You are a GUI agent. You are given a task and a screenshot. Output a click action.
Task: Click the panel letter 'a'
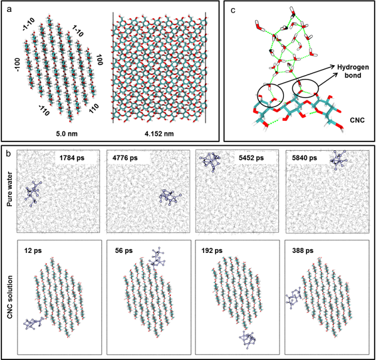point(9,10)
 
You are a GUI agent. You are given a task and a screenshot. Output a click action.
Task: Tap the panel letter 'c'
point(232,10)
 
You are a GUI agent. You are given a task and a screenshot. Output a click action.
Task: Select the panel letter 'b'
point(8,154)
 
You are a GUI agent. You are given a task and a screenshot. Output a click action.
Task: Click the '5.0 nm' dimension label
point(66,133)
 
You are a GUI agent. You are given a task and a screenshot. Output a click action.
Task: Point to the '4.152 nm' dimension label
point(159,133)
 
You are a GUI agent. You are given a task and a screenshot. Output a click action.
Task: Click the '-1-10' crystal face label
point(29,24)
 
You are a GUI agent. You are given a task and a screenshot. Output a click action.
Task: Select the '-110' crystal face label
point(44,110)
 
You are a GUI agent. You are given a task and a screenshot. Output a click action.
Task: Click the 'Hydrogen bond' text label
point(353,71)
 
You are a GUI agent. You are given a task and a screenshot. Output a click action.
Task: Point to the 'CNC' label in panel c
point(357,120)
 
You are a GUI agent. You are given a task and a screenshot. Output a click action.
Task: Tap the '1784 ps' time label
point(72,158)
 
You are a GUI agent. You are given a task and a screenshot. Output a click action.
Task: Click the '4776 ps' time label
point(125,158)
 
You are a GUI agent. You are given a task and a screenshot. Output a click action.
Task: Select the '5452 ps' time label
point(251,158)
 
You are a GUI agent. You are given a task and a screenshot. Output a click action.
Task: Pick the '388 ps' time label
point(303,251)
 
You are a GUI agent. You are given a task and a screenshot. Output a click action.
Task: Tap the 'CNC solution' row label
point(9,297)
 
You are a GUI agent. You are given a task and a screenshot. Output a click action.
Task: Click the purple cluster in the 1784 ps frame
point(34,193)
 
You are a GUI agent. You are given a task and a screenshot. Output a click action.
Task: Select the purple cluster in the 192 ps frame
point(248,339)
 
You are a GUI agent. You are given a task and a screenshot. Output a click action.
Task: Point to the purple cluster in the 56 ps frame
point(158,257)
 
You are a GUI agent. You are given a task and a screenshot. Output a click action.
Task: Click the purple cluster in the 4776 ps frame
point(170,197)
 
